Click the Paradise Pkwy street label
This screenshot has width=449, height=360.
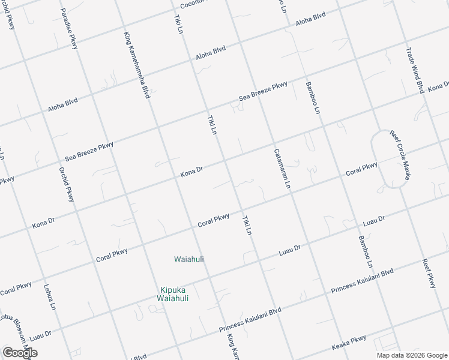pos(69,29)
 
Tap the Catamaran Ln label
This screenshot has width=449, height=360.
pos(282,169)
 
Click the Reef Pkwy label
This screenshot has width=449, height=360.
pos(429,273)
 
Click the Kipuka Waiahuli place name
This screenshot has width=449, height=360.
pos(173,293)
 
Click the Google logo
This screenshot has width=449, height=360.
pos(20,353)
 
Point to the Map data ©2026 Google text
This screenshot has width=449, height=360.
pos(411,355)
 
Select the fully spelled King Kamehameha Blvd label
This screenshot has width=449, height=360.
pos(136,65)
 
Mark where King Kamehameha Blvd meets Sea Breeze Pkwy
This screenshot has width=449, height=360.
pos(158,127)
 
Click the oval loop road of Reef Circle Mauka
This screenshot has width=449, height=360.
pos(390,159)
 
